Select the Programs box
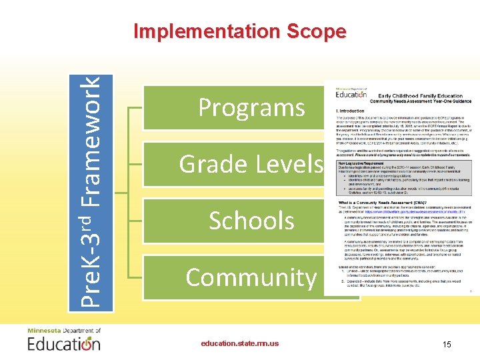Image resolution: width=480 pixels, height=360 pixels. tap(251, 107)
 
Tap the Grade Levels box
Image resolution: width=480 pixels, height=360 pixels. tap(251, 164)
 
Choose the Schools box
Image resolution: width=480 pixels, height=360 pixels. tap(251, 221)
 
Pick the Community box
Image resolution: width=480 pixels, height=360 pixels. tap(251, 277)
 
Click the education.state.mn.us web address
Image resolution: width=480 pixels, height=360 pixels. tap(240, 343)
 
